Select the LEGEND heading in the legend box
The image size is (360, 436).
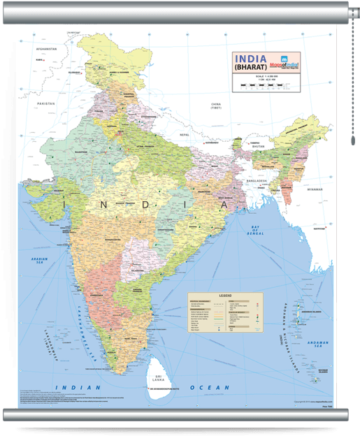tap(224, 296)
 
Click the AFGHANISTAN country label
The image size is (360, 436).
tap(46, 50)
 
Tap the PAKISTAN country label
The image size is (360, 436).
tap(46, 103)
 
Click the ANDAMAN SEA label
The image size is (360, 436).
tap(319, 343)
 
